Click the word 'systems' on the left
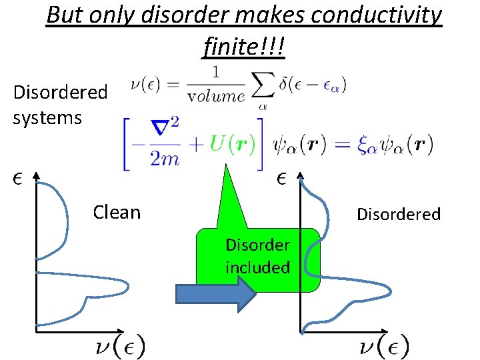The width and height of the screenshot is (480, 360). (47, 118)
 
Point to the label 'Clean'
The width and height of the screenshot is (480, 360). (117, 212)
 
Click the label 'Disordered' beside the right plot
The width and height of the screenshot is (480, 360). (399, 214)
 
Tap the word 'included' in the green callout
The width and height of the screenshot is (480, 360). (257, 267)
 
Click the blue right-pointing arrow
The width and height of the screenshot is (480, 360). (215, 293)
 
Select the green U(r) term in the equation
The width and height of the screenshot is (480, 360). (233, 143)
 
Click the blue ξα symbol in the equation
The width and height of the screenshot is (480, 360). (367, 145)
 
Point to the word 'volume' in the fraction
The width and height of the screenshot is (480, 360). (215, 96)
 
